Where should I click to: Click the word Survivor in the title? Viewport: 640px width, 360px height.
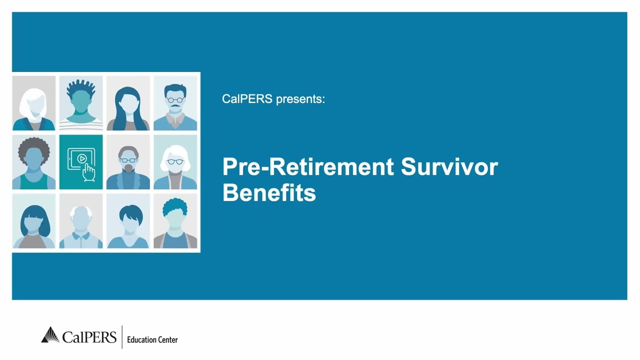pyautogui.click(x=449, y=167)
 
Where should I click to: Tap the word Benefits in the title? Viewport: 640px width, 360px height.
pyautogui.click(x=269, y=192)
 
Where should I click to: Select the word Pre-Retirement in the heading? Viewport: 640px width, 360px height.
pyautogui.click(x=308, y=167)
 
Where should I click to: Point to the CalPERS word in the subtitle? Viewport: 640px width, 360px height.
pyautogui.click(x=247, y=99)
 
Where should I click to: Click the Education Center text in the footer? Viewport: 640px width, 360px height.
pyautogui.click(x=152, y=339)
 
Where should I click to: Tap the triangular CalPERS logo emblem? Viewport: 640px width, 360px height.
pyautogui.click(x=50, y=335)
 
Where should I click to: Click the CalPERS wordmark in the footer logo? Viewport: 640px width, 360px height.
pyautogui.click(x=89, y=336)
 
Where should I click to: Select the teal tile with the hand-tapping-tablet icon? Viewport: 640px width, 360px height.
pyautogui.click(x=81, y=162)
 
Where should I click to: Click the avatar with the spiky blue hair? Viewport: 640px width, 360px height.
pyautogui.click(x=81, y=103)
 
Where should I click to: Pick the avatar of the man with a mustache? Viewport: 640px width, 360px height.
pyautogui.click(x=175, y=103)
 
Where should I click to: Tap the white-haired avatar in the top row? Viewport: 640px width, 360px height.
pyautogui.click(x=34, y=103)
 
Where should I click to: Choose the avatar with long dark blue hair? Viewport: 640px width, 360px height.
pyautogui.click(x=128, y=103)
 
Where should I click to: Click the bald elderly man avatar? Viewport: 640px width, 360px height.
pyautogui.click(x=81, y=221)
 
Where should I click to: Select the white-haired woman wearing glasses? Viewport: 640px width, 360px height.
pyautogui.click(x=175, y=162)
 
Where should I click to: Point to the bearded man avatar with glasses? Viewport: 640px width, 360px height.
pyautogui.click(x=128, y=162)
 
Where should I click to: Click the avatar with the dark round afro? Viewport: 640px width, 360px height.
pyautogui.click(x=34, y=162)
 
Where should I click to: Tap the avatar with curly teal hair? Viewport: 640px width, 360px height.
pyautogui.click(x=175, y=221)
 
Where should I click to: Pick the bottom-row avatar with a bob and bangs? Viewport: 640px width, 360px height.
pyautogui.click(x=34, y=221)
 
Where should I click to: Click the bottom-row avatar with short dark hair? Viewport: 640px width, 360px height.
pyautogui.click(x=128, y=221)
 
